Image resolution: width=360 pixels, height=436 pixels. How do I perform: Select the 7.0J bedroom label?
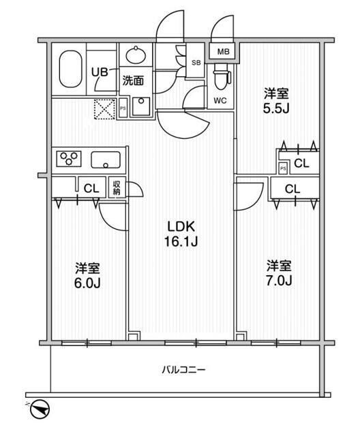(279, 272)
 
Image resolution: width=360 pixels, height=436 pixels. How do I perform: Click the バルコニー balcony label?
(183, 370)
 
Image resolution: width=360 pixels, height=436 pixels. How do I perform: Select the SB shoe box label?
(196, 63)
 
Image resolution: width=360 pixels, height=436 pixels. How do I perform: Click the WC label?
(220, 101)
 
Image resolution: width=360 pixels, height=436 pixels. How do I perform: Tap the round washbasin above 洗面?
(135, 54)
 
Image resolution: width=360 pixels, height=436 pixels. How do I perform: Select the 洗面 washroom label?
(133, 80)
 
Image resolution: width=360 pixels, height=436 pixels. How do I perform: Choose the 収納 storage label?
(117, 187)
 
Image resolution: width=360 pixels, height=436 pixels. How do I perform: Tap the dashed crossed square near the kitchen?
(104, 109)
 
